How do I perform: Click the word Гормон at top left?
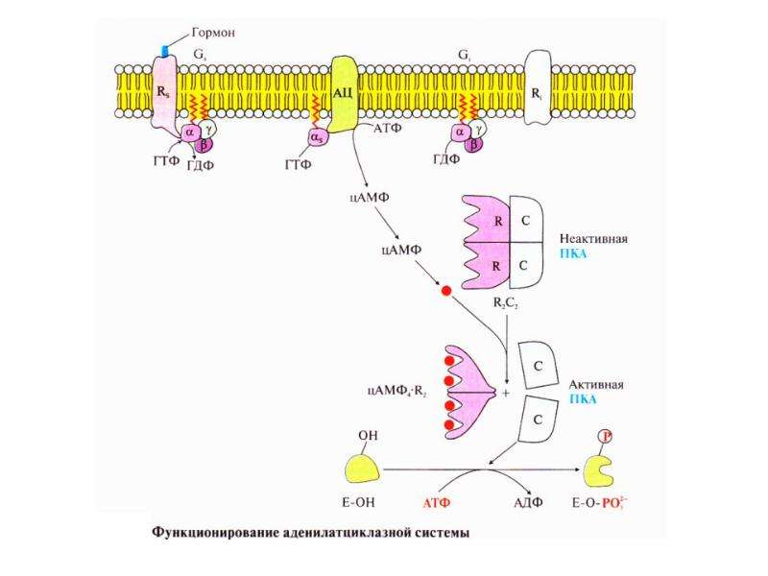[213, 33]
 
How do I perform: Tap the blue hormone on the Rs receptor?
[165, 50]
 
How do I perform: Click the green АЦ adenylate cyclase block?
[345, 94]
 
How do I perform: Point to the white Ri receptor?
[538, 94]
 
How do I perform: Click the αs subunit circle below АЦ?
[318, 139]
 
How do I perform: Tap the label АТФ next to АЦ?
[388, 129]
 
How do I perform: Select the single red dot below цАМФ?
[446, 291]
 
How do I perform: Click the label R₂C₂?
[506, 303]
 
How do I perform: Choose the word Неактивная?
[593, 239]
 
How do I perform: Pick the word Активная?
[596, 385]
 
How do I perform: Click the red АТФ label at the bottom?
[437, 502]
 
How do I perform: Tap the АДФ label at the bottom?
[528, 502]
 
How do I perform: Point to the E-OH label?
[358, 502]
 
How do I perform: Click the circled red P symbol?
[606, 436]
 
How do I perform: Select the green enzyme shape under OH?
[363, 468]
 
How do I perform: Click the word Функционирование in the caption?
[214, 533]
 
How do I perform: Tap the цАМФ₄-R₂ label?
[396, 391]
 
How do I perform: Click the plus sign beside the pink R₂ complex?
[506, 393]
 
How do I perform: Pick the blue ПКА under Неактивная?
[573, 253]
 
